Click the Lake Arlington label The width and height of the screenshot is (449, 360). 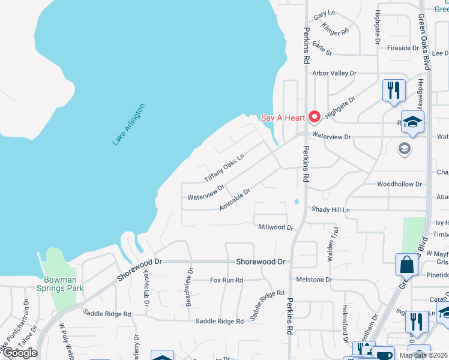(128, 125)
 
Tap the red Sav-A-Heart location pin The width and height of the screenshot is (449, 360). (314, 116)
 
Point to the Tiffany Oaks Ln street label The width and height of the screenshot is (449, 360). (224, 169)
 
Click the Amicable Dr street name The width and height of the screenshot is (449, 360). (234, 198)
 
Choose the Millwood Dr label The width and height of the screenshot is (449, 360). (275, 227)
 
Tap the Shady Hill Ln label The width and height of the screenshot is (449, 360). (330, 209)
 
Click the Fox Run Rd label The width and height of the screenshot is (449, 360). (226, 280)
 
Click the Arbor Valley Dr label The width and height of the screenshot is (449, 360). (334, 73)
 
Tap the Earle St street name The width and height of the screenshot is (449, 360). (322, 49)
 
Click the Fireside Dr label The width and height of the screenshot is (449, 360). (403, 47)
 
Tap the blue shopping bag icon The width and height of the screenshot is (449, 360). (406, 264)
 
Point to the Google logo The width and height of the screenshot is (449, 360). (20, 352)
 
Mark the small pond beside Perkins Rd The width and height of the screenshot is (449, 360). (295, 201)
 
